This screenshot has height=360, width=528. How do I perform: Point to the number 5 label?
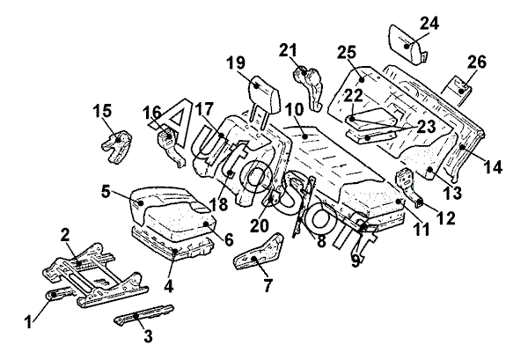tap(106, 190)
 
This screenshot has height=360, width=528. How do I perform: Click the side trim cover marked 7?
tap(257, 255)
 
